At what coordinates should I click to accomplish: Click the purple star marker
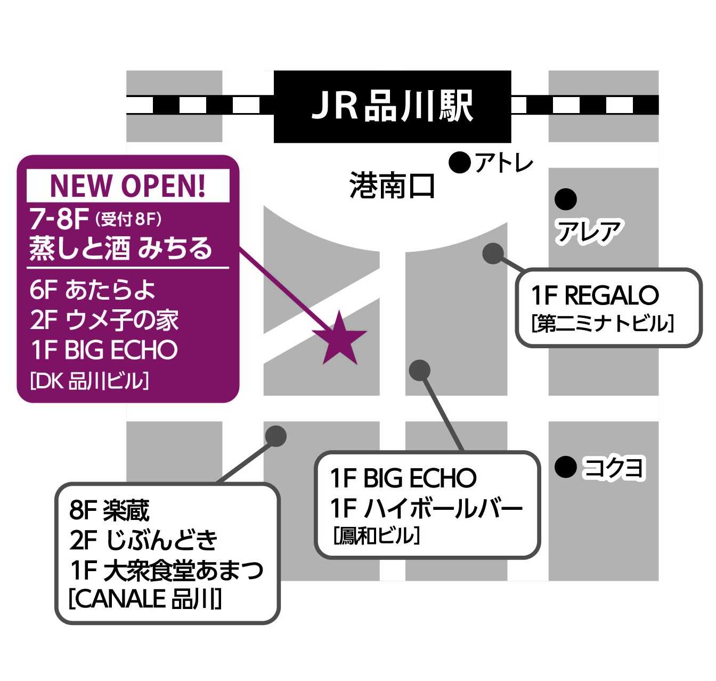[x=339, y=339]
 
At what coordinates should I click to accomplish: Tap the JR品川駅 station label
[x=392, y=106]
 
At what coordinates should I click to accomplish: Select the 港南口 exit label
[x=392, y=187]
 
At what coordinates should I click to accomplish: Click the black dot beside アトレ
[x=459, y=162]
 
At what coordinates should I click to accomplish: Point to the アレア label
[x=589, y=232]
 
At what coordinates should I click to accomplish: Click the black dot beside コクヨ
[x=565, y=467]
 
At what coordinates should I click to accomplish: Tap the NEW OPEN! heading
[x=128, y=186]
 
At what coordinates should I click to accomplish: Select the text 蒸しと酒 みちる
[x=120, y=249]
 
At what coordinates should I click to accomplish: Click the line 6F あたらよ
[x=93, y=290]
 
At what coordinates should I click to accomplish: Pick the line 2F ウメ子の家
[x=104, y=320]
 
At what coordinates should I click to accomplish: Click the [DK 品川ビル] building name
[x=89, y=381]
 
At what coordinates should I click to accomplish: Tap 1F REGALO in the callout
[x=595, y=295]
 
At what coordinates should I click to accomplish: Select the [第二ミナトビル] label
[x=603, y=323]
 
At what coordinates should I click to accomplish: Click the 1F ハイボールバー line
[x=426, y=508]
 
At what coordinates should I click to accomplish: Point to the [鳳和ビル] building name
[x=376, y=535]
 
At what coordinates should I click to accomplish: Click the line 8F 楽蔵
[x=109, y=510]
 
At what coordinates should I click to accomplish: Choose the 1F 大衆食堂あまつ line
[x=166, y=570]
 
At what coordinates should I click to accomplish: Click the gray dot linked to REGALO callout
[x=493, y=253]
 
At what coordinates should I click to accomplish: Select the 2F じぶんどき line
[x=143, y=540]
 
